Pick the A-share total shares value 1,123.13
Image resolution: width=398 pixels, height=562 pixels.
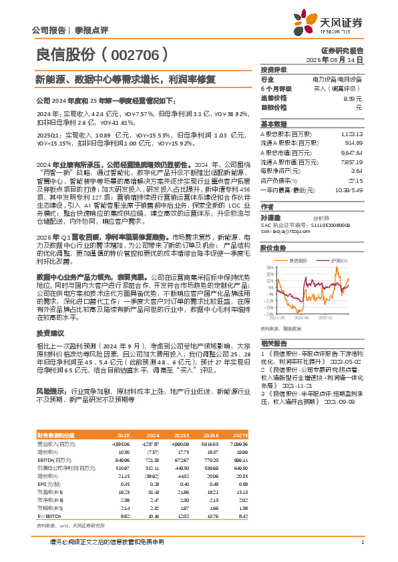[351, 133]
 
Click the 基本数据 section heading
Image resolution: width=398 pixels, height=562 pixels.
[273, 123]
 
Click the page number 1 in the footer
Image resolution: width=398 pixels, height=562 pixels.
[361, 542]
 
